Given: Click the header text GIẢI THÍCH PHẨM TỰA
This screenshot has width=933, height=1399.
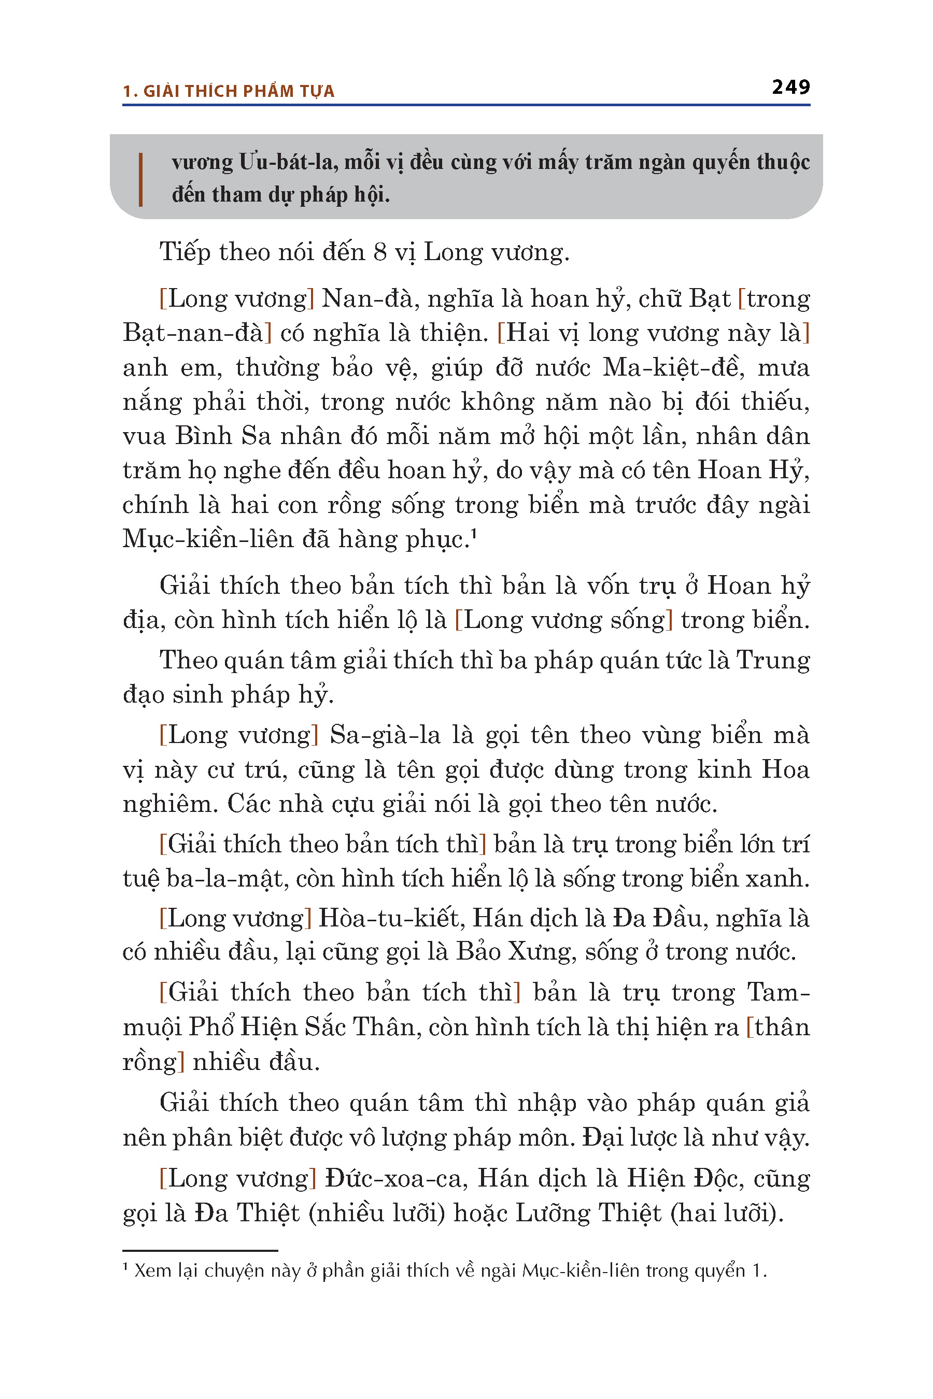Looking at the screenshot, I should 238,91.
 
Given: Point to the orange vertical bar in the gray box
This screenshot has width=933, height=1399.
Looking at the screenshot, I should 140,179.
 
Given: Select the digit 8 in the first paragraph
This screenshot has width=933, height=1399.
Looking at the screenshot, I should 380,252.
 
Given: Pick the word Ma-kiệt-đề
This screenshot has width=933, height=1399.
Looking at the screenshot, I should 672,367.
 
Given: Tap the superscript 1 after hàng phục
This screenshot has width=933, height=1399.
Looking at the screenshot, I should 474,536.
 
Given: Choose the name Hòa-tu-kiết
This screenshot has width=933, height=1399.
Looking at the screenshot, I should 391,918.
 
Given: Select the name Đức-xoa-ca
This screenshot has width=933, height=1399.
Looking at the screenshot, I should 393,1178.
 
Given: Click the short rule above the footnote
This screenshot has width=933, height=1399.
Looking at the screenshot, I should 200,1251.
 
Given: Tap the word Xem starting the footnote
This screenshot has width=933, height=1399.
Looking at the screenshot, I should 152,1271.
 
